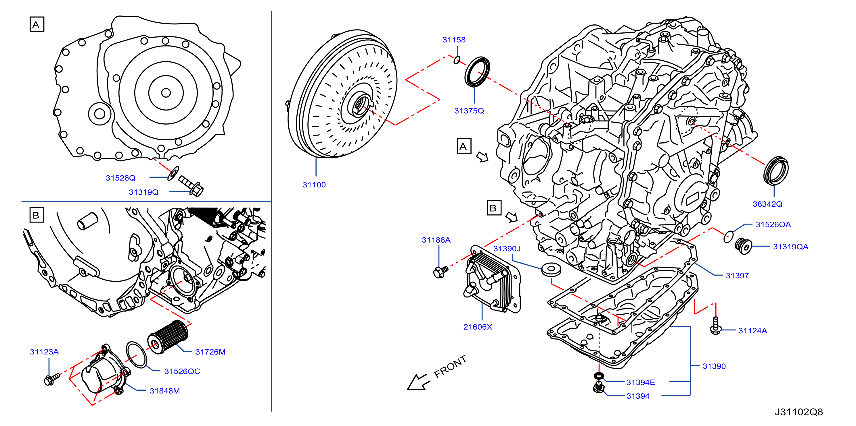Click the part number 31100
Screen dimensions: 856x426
tap(314, 185)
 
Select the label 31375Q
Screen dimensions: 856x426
tap(469, 111)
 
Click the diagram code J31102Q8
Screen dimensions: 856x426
tap(799, 412)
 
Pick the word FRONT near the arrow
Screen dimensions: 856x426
tap(450, 367)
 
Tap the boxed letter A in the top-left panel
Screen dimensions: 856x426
tap(37, 25)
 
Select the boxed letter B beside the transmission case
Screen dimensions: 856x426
tap(494, 208)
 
